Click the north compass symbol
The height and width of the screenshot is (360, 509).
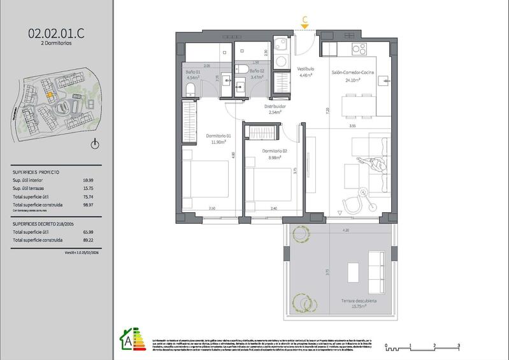[x=95, y=144]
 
